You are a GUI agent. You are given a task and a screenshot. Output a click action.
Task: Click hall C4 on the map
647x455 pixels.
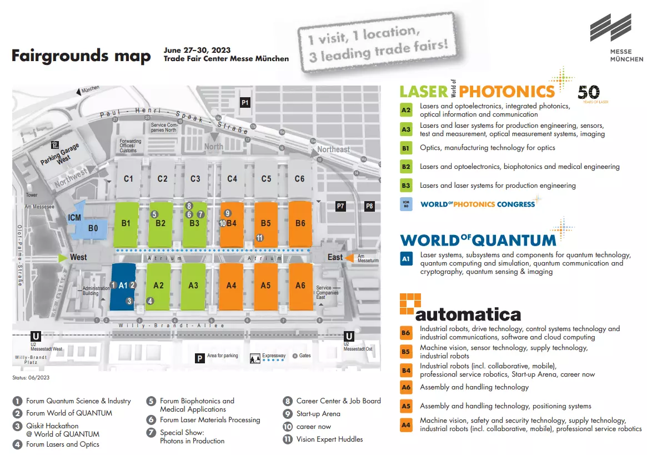(x=232, y=178)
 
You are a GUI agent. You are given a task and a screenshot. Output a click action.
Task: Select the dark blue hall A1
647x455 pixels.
(x=123, y=286)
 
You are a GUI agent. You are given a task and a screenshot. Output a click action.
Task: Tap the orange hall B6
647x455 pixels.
(x=300, y=223)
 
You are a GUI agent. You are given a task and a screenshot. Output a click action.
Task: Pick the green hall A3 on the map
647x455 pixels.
(x=193, y=286)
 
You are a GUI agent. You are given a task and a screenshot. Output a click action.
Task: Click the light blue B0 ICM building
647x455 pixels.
(x=93, y=227)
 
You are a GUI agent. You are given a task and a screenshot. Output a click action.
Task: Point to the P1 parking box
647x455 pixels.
(x=245, y=102)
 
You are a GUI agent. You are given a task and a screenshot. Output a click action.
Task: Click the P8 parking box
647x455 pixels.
(x=369, y=206)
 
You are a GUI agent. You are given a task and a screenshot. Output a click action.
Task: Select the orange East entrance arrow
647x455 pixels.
(x=350, y=257)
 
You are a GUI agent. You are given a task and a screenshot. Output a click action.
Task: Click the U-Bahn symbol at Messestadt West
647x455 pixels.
(x=36, y=336)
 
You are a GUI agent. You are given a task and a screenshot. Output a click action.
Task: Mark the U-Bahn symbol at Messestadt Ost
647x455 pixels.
(x=349, y=336)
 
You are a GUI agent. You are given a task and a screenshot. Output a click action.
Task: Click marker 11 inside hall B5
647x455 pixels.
(x=259, y=238)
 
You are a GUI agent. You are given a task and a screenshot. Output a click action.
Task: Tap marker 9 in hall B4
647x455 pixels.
(x=227, y=213)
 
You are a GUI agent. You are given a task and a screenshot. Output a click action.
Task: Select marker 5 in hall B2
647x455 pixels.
(x=154, y=214)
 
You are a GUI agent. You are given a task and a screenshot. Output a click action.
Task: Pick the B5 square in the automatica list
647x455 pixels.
(x=406, y=351)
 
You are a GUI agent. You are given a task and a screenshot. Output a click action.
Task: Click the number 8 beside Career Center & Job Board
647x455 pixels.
(x=288, y=401)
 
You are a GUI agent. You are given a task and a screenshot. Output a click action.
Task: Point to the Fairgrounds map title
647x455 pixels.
(x=81, y=56)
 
